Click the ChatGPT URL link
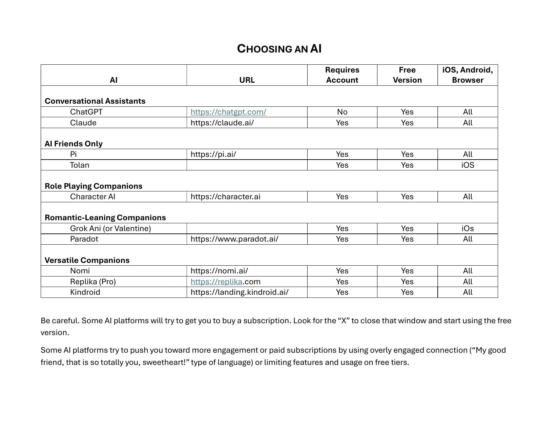(228, 112)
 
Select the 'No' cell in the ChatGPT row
(342, 112)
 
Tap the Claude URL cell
(222, 123)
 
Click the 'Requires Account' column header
(342, 75)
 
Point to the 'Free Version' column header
(407, 75)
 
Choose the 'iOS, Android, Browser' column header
(468, 75)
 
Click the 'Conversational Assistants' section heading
(95, 101)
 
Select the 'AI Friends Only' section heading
(74, 144)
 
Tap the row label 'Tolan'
(80, 165)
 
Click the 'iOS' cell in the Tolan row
(468, 165)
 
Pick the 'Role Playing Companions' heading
(94, 186)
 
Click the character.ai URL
(226, 197)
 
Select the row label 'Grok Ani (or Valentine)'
(110, 228)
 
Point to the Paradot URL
(234, 239)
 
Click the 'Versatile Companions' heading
(87, 260)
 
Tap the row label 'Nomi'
(80, 271)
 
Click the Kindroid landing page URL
(240, 292)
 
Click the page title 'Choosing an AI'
(279, 49)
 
